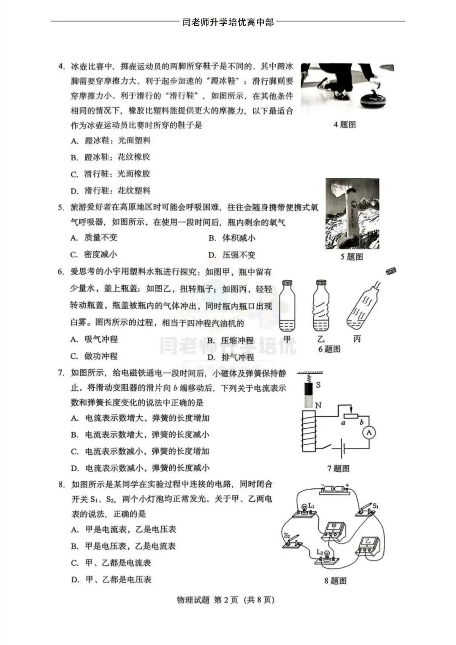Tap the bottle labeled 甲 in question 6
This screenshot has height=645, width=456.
tap(288, 305)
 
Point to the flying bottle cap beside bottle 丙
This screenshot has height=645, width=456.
tap(391, 271)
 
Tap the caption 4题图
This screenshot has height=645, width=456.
tap(345, 125)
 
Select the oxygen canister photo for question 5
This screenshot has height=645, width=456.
tap(352, 214)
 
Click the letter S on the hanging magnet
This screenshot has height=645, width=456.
tap(318, 385)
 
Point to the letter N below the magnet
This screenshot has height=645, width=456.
tap(318, 405)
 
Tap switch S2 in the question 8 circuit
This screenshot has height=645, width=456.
tap(292, 541)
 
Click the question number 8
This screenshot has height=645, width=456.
tap(62, 484)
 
